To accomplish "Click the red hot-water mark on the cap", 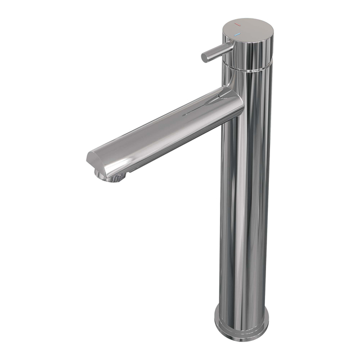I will point(239,27).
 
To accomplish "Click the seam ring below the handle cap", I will point(250,68).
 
